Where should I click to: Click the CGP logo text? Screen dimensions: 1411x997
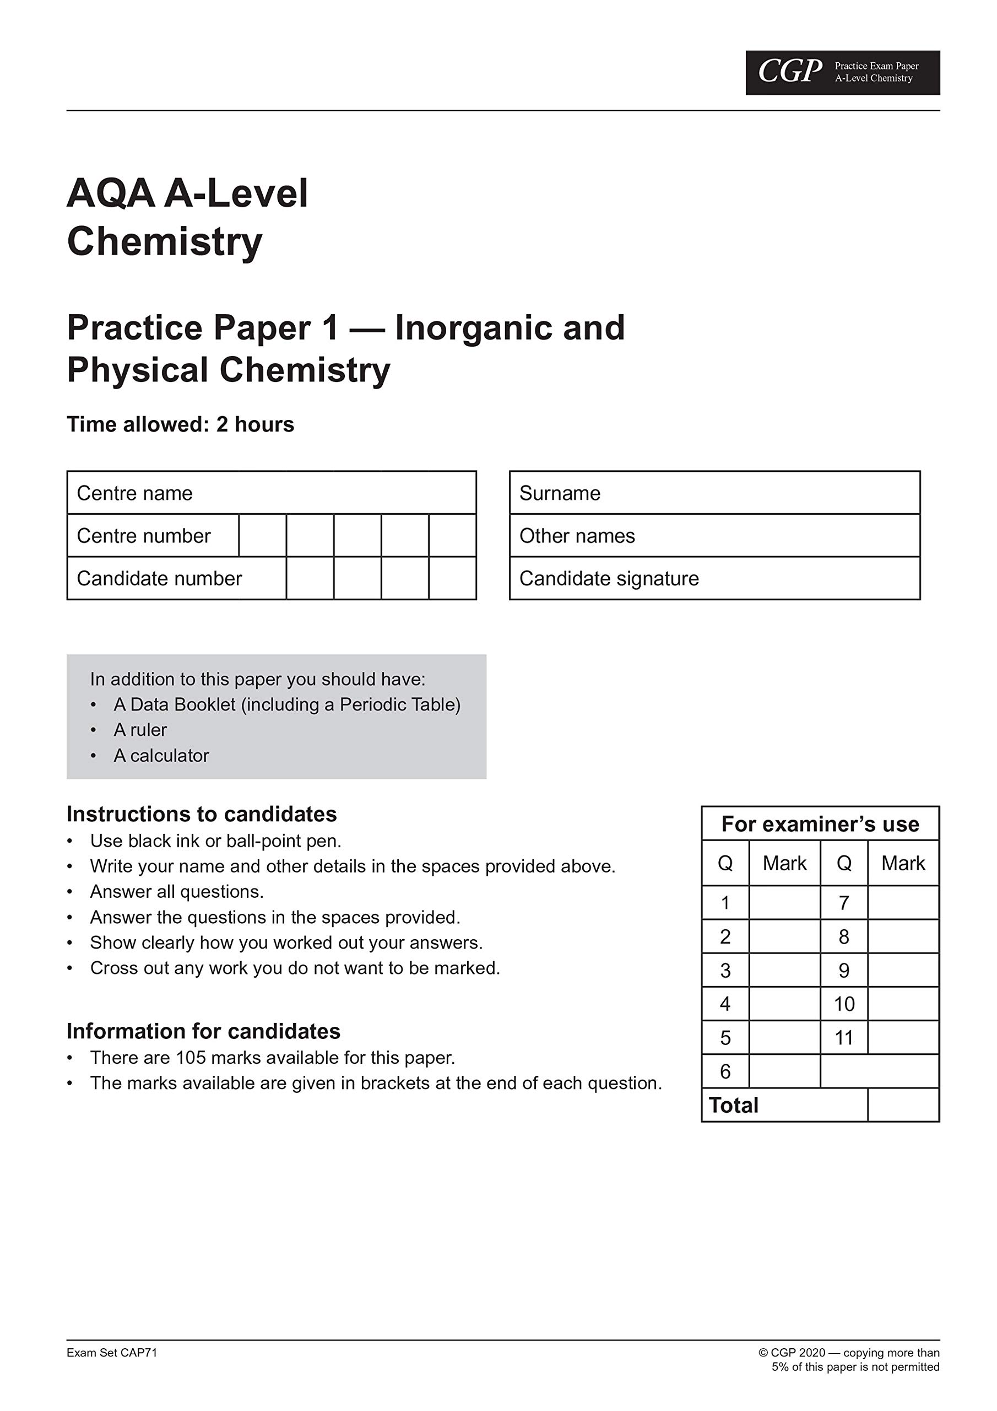click(x=789, y=71)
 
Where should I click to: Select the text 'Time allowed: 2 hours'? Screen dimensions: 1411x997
click(x=180, y=424)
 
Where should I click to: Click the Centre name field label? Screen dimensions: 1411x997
click(x=134, y=493)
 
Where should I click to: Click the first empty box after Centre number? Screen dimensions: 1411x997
click(x=262, y=535)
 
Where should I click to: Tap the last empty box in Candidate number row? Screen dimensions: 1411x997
click(x=452, y=578)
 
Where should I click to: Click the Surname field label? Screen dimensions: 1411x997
click(x=560, y=493)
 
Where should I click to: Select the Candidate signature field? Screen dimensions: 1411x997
click(x=714, y=578)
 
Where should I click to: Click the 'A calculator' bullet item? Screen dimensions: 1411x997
click(x=161, y=755)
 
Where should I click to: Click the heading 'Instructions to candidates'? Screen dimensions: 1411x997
click(x=202, y=814)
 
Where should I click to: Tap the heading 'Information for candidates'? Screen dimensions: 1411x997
click(x=203, y=1031)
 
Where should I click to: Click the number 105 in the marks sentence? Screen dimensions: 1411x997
click(x=191, y=1057)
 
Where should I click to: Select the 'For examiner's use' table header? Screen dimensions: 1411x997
click(x=820, y=823)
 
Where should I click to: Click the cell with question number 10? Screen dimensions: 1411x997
click(x=843, y=1004)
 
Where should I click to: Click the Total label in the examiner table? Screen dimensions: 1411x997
click(x=734, y=1105)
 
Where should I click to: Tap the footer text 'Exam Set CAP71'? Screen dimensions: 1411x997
click(x=112, y=1352)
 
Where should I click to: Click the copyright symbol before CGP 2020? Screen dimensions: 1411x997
click(x=763, y=1353)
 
